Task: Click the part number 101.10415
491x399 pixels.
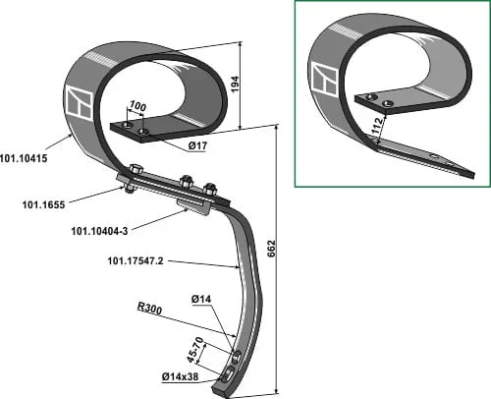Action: point(24,158)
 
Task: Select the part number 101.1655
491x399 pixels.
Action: point(43,205)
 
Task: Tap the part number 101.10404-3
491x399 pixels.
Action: point(99,231)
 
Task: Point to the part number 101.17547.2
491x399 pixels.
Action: point(136,261)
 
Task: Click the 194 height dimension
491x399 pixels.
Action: point(235,85)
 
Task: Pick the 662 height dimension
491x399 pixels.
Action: point(272,249)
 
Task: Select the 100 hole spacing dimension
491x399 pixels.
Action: point(137,106)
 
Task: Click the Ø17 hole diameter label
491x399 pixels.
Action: point(197,146)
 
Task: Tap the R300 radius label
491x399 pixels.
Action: point(149,309)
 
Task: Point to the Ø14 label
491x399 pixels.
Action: point(201,299)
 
